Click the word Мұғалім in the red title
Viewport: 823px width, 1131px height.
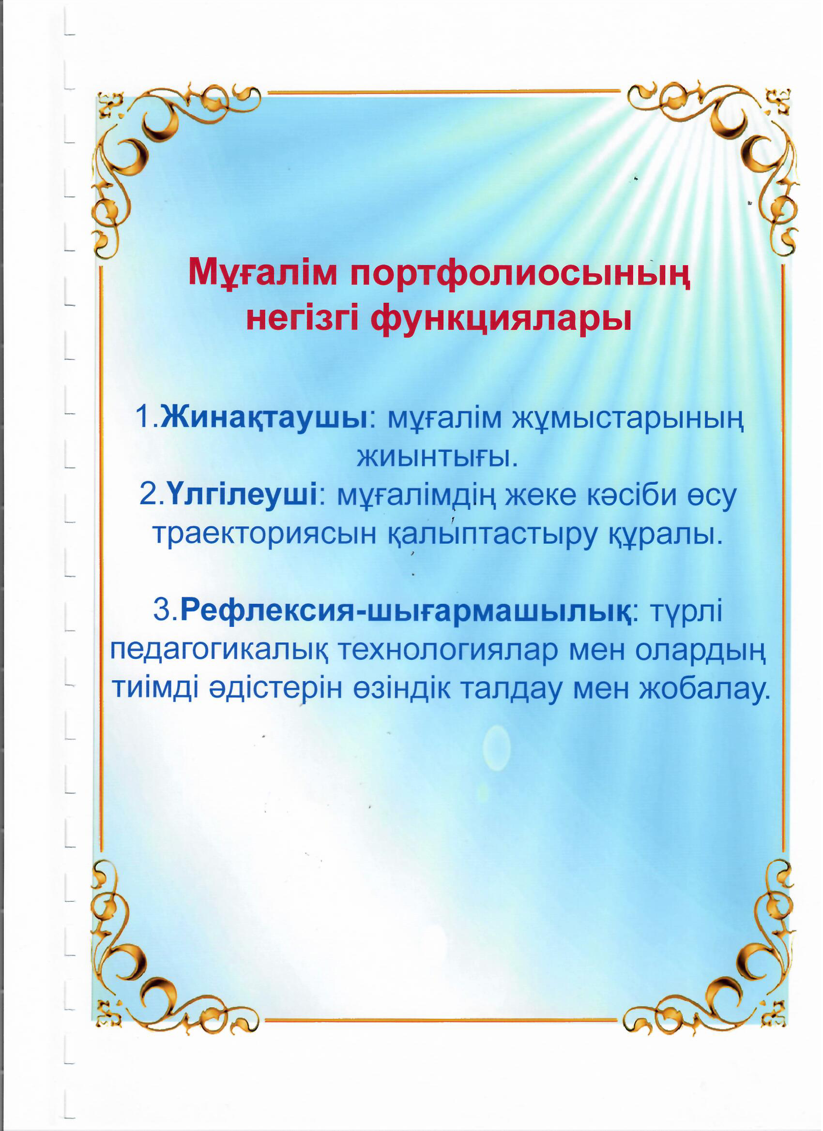[x=262, y=273]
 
